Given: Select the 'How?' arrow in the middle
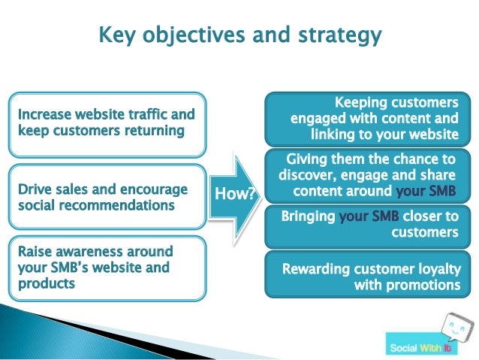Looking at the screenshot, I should tap(233, 194).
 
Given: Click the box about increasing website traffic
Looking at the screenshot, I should tap(106, 123).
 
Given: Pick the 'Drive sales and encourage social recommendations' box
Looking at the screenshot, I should tap(106, 197).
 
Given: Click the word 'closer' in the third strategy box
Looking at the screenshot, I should tap(421, 216).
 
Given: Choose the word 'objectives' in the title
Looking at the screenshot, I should tap(194, 35).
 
